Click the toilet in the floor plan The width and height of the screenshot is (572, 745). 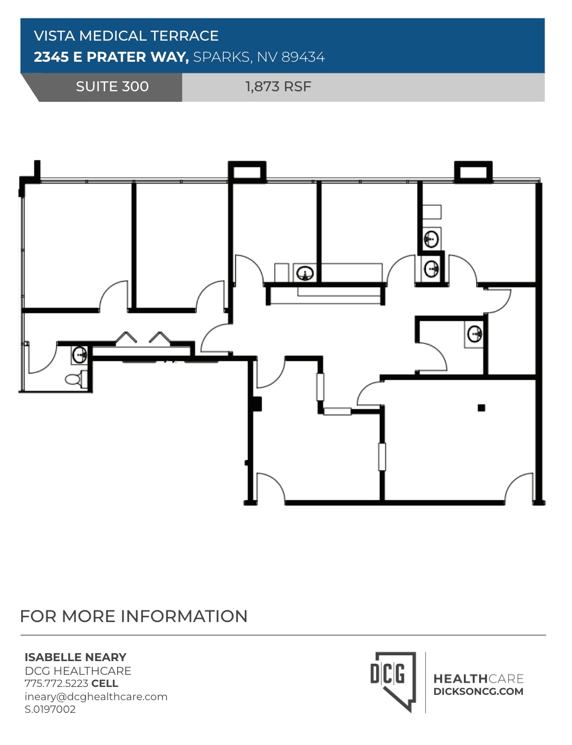click(x=74, y=378)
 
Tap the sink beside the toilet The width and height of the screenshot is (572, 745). click(x=79, y=355)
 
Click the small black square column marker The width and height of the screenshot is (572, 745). click(x=481, y=407)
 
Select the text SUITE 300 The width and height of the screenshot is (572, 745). click(x=112, y=87)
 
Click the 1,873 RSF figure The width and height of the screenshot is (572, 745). click(x=278, y=87)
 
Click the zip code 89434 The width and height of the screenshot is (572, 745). click(x=303, y=57)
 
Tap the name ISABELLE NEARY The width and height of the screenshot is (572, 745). click(x=75, y=657)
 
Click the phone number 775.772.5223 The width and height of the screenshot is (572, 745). click(x=56, y=683)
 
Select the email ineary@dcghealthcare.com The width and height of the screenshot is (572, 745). click(x=96, y=696)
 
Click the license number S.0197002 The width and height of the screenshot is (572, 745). click(x=50, y=709)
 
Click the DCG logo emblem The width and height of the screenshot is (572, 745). click(x=392, y=681)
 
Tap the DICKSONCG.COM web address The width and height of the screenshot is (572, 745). click(x=478, y=691)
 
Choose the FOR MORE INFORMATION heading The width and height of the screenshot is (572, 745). click(x=134, y=616)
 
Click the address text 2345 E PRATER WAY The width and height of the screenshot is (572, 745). click(x=111, y=57)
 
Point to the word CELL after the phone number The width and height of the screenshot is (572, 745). click(x=104, y=683)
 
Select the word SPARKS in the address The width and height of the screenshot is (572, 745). click(x=222, y=57)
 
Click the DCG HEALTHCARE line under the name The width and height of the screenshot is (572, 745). click(x=78, y=671)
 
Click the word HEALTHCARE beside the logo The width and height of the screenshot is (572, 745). click(x=478, y=679)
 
